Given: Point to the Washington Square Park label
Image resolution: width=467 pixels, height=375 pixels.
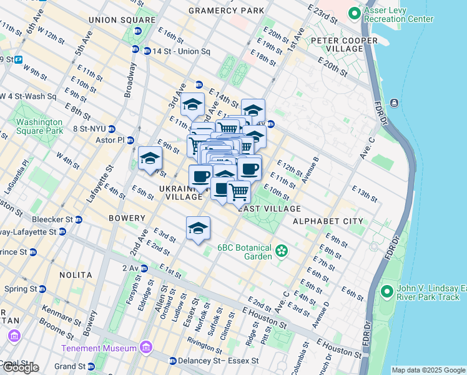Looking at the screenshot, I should pos(40,127).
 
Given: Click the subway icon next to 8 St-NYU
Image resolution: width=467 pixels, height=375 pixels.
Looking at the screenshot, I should pos(111,129).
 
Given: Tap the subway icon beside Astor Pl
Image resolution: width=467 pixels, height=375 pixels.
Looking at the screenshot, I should pos(132,141).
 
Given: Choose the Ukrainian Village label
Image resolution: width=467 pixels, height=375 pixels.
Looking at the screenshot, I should pos(180,192).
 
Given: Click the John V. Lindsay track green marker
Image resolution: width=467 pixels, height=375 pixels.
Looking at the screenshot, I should pos(386,292).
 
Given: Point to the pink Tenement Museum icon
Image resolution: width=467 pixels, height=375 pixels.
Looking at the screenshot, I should pos(145,347).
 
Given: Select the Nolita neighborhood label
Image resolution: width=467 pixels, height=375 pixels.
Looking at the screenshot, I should pos(75,275).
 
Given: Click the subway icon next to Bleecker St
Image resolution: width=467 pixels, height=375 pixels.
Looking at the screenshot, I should pos(79,220).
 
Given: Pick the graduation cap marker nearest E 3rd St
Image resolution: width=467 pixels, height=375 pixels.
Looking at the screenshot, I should pos(198,229).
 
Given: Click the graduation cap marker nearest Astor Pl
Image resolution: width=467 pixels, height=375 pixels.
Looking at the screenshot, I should pos(150,159).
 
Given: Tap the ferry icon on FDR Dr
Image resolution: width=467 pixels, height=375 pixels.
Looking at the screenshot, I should pos(395,102).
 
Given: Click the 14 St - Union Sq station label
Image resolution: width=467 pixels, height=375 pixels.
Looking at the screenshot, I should pos(177,51).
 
